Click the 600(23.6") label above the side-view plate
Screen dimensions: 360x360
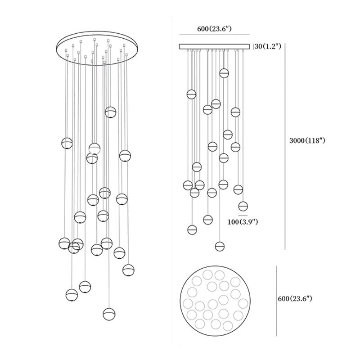pyautogui.click(x=214, y=29)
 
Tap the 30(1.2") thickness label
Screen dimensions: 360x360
pyautogui.click(x=269, y=46)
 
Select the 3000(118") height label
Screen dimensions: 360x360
pyautogui.click(x=307, y=141)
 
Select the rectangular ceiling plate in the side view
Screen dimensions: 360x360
pyautogui.click(x=215, y=46)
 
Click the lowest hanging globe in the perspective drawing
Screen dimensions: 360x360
pyautogui.click(x=108, y=313)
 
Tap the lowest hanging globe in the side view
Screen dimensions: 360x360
pyautogui.click(x=220, y=246)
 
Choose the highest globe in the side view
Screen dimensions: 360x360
pyautogui.click(x=224, y=73)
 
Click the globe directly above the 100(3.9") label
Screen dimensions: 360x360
pyautogui.click(x=243, y=206)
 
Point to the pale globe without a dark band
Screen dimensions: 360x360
pyautogui.click(x=94, y=147)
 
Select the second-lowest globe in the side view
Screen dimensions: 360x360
pyautogui.click(x=192, y=229)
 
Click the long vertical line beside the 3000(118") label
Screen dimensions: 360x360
pyautogui.click(x=285, y=148)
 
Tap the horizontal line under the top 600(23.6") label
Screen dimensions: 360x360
pyautogui.click(x=214, y=35)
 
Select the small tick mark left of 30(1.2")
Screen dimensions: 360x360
pyautogui.click(x=255, y=46)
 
